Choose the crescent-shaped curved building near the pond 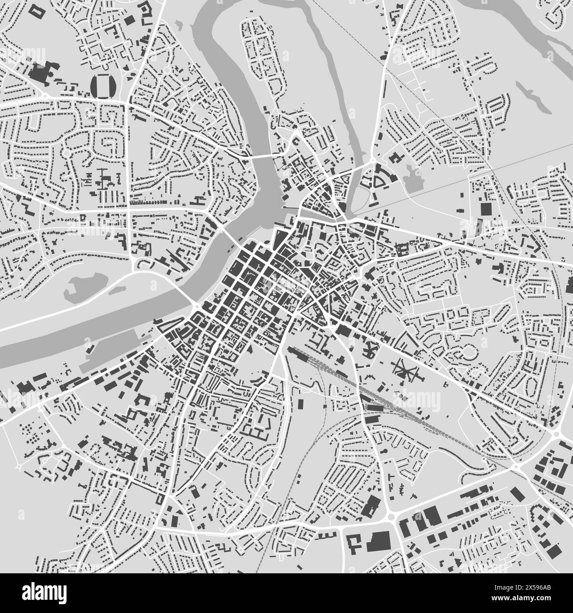pyautogui.click(x=378, y=181)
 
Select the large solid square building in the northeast pyautogui.click(x=485, y=209)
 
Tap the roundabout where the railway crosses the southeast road pyautogui.click(x=516, y=466)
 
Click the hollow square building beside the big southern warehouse pyautogui.click(x=354, y=541)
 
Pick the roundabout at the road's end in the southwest pyautogui.click(x=19, y=466)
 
